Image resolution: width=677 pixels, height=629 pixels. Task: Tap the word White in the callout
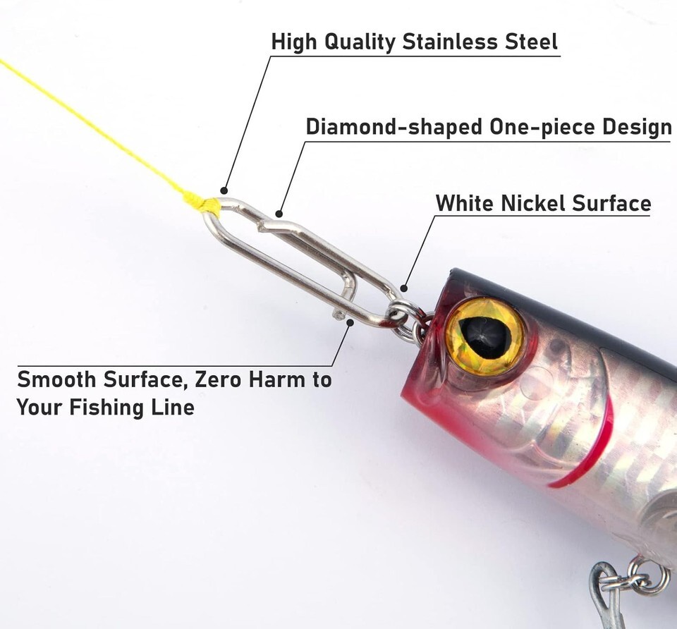click(x=464, y=203)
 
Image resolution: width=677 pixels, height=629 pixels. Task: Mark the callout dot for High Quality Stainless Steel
click(x=224, y=190)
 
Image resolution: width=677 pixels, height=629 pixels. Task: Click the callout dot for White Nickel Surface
click(x=403, y=288)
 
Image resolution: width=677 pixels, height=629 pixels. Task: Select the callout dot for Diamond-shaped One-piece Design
click(x=279, y=214)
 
